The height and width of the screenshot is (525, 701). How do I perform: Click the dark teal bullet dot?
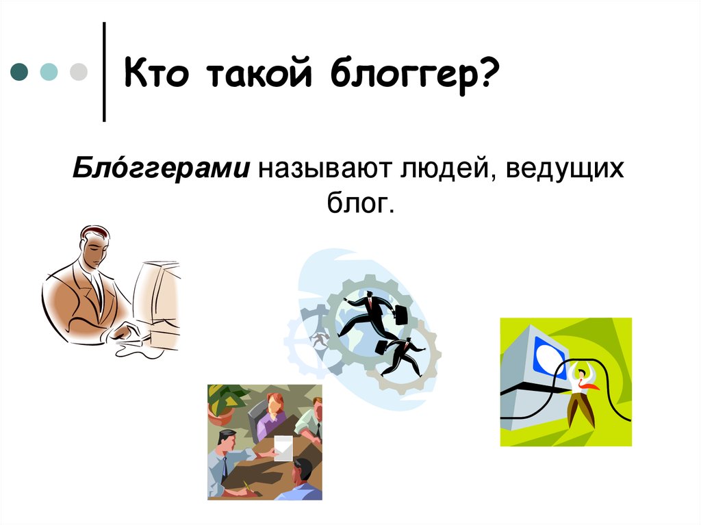(19, 72)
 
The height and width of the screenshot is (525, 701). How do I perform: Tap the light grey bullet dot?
(79, 72)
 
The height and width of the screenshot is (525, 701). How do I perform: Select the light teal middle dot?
(49, 72)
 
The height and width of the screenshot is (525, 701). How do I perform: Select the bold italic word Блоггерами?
(161, 169)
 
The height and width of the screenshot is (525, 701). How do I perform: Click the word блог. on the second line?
(361, 203)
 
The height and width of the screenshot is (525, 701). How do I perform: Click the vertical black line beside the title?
(104, 72)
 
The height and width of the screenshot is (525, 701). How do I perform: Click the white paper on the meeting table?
(283, 448)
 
